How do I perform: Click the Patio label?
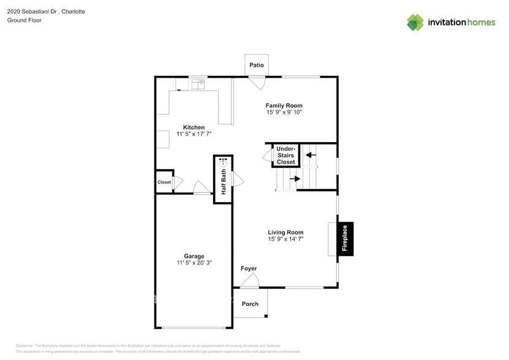256,65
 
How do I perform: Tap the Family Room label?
284,105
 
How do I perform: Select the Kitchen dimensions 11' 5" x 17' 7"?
194,134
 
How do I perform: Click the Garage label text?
194,256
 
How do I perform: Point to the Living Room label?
285,232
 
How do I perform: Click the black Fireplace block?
345,239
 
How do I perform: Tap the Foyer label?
249,269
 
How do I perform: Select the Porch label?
250,304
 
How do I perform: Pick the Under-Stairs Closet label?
285,156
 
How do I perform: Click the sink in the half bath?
224,162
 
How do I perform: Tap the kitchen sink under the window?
197,85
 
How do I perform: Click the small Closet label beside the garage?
164,182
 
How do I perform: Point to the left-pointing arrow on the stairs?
311,156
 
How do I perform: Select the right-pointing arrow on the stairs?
295,179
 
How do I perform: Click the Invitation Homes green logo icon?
415,22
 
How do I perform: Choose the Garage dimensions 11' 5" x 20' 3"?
194,263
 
